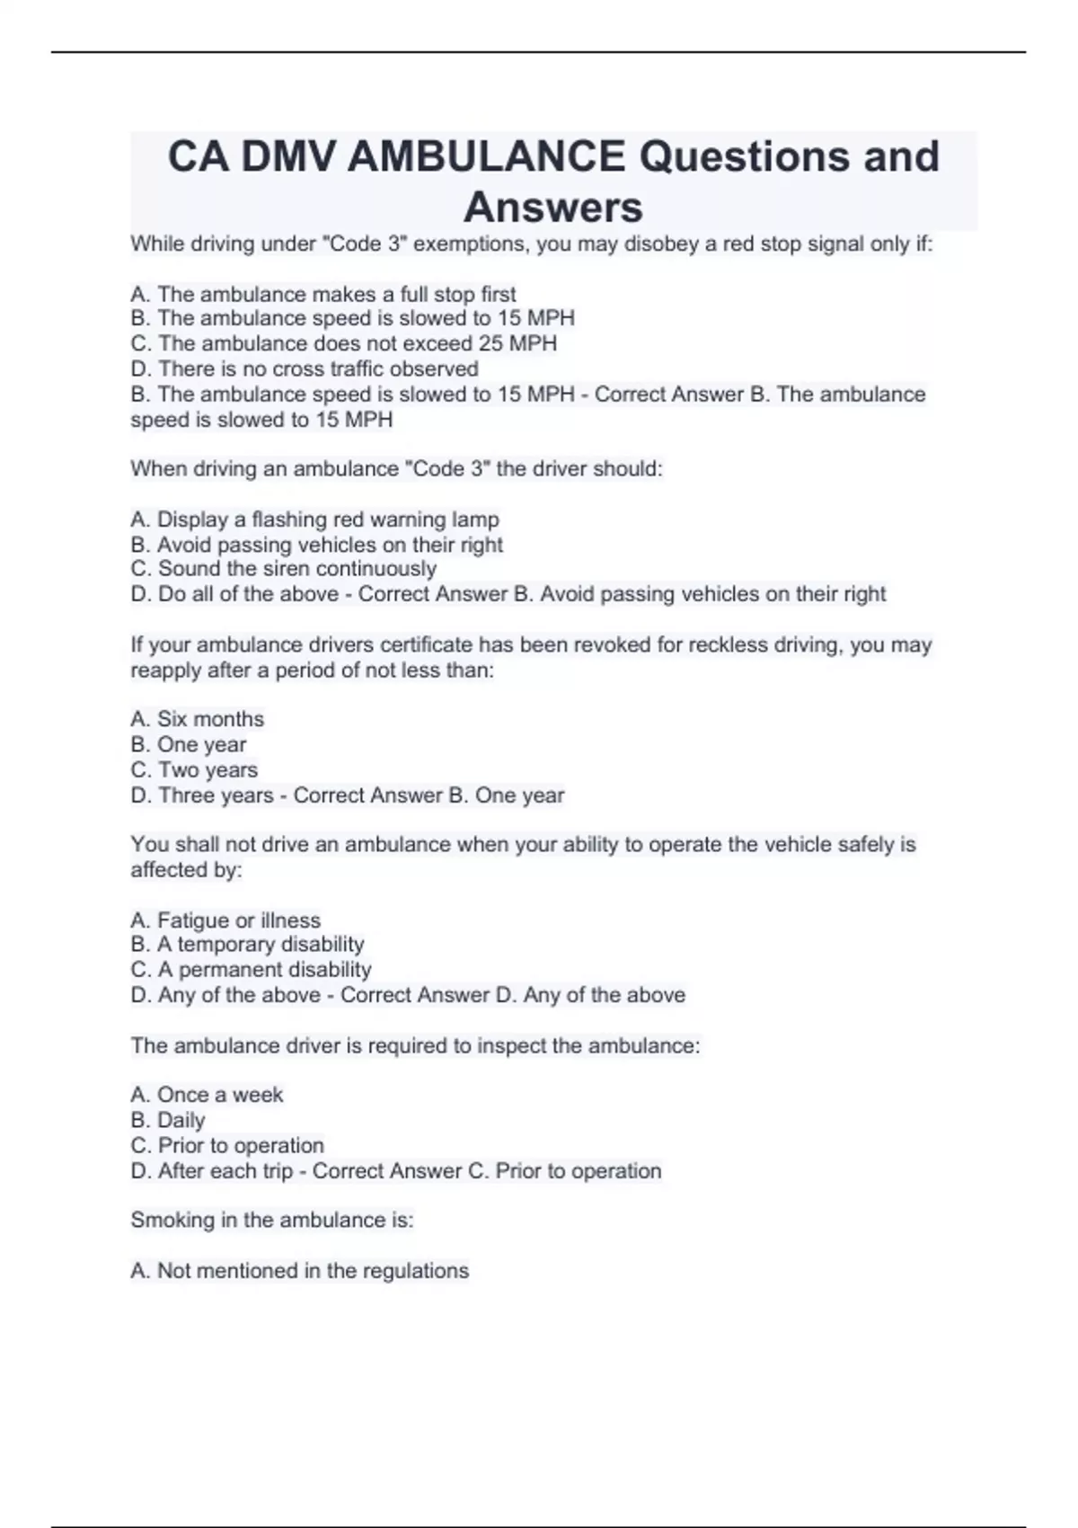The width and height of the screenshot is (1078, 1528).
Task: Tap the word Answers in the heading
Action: [552, 207]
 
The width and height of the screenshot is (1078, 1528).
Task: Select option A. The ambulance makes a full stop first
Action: [323, 294]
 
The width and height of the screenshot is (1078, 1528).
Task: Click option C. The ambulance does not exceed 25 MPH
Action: [343, 343]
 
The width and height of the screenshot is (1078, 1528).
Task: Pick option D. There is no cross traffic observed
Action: [304, 369]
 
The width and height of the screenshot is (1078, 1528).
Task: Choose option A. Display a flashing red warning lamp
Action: [314, 520]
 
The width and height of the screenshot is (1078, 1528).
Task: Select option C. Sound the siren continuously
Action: [283, 569]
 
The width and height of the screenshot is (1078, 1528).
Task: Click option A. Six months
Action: [197, 719]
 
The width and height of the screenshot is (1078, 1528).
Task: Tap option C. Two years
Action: [194, 769]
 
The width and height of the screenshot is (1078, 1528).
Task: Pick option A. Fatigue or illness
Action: [225, 920]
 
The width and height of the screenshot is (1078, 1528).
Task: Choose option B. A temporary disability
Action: [247, 944]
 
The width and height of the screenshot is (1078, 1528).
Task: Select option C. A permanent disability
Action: [251, 970]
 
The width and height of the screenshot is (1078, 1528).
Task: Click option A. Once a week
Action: [207, 1095]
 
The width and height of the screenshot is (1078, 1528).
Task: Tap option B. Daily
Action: [168, 1120]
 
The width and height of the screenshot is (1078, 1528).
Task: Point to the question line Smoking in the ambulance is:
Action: [271, 1220]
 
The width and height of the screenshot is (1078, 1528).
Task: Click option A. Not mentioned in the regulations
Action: [299, 1271]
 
